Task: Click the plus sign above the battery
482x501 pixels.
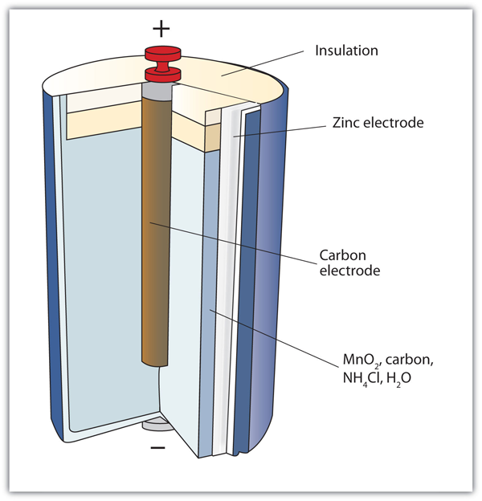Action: click(162, 29)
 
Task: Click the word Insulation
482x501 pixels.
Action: click(347, 51)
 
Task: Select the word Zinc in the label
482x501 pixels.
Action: click(346, 124)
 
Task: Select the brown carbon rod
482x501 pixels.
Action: click(157, 241)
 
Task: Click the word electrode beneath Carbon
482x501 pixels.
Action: click(348, 271)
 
